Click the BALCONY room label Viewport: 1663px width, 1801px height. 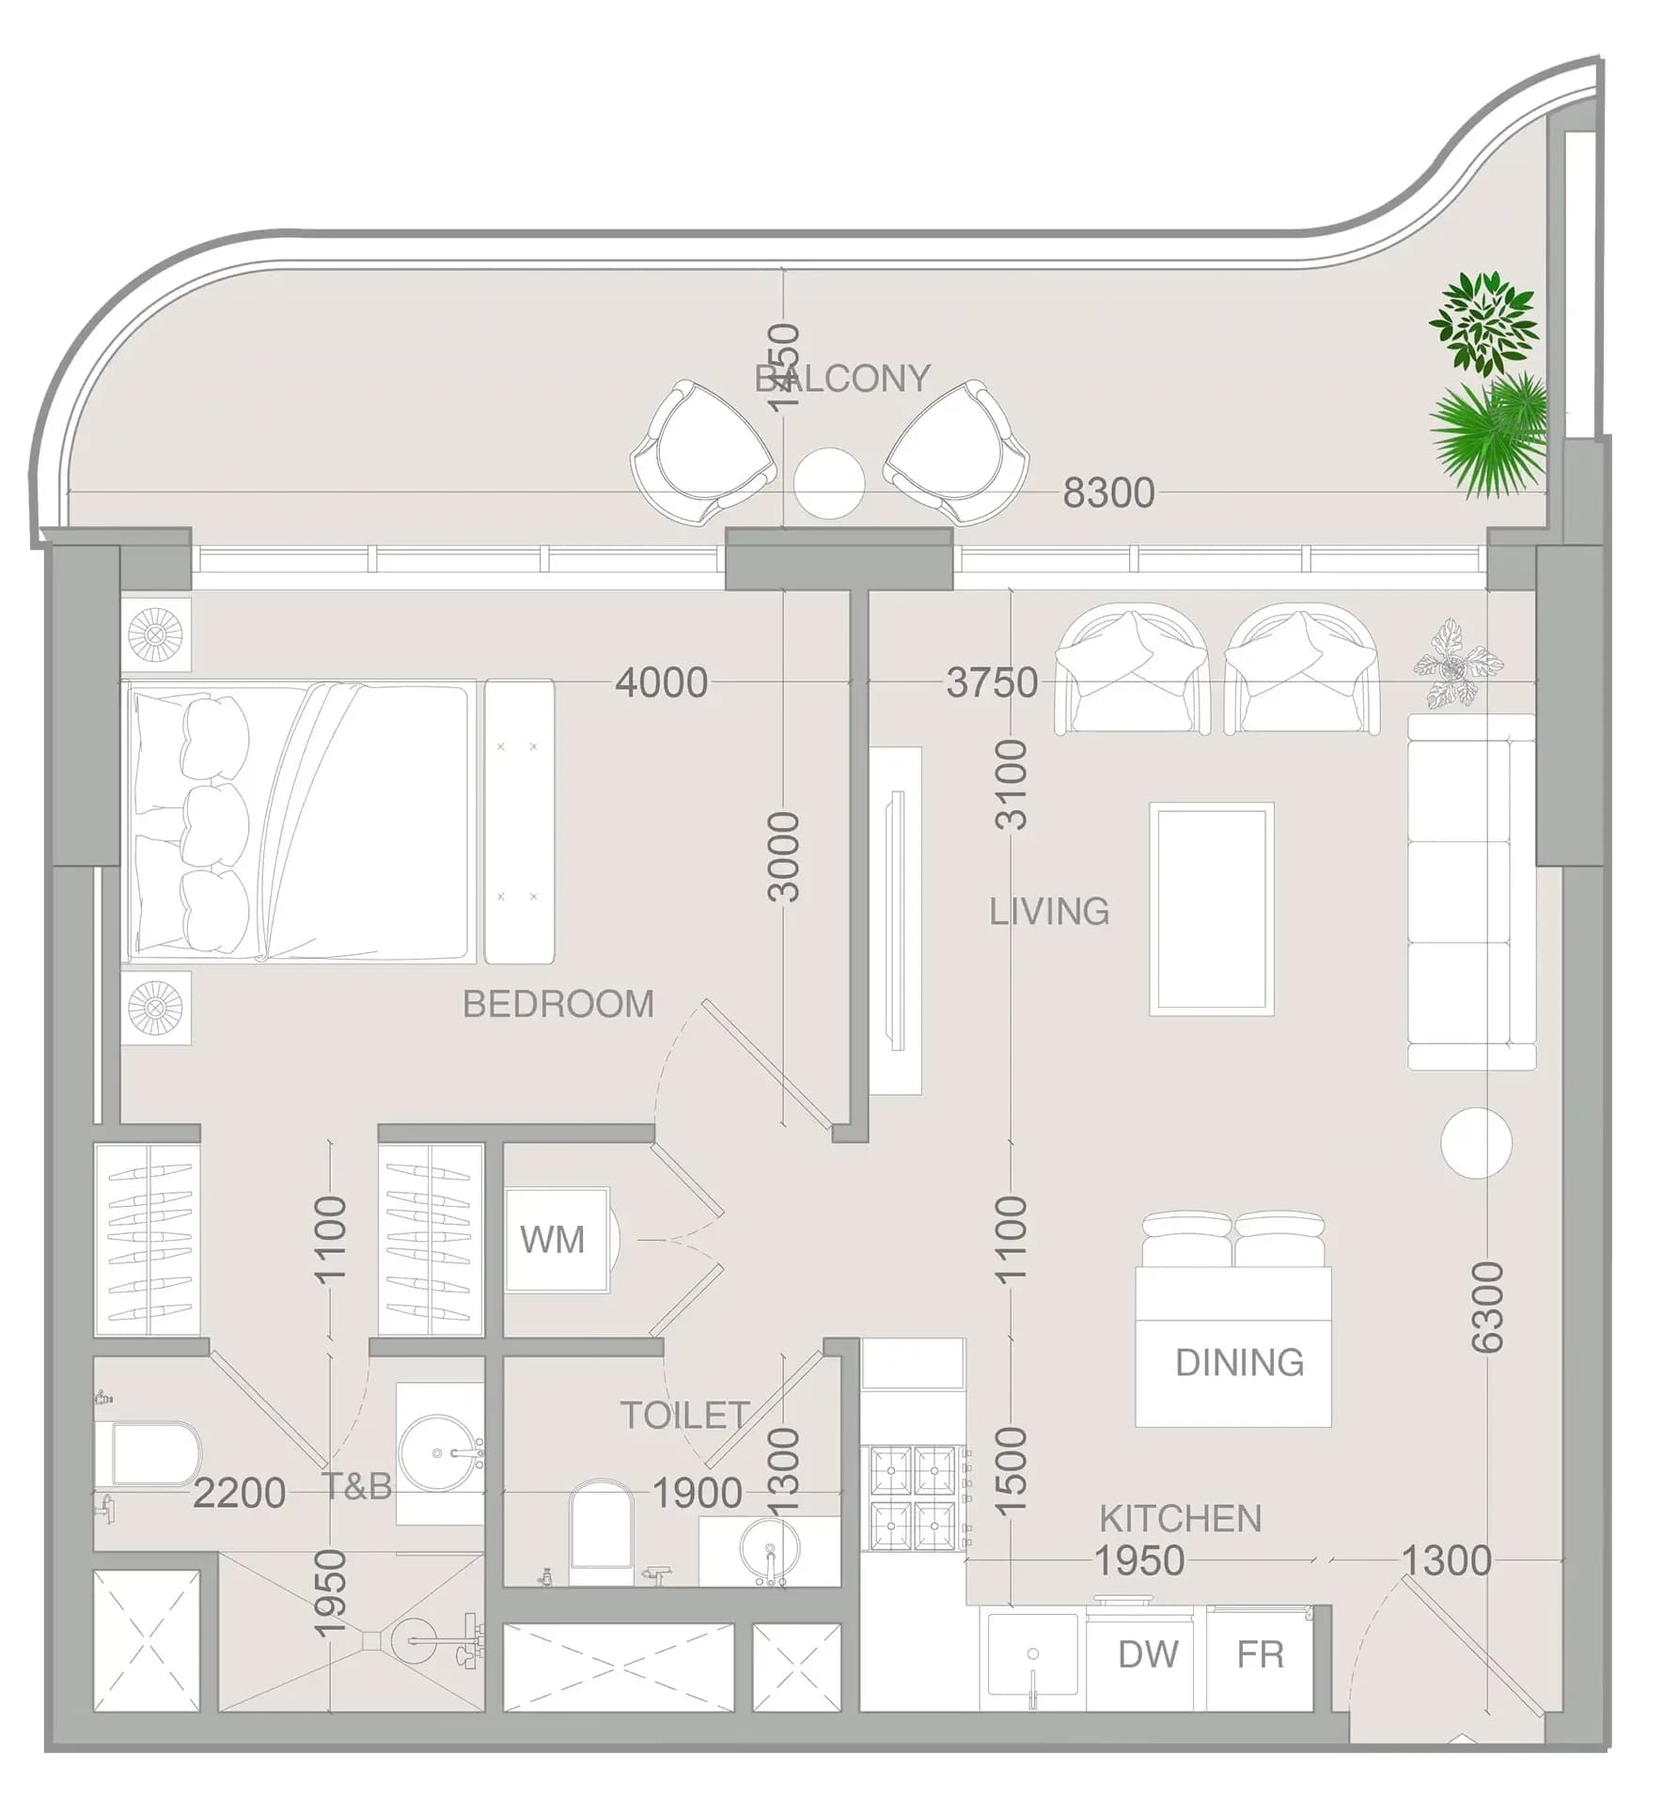tap(841, 379)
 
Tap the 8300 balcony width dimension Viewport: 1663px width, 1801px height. tap(1108, 493)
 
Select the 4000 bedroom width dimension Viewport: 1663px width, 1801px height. tap(661, 682)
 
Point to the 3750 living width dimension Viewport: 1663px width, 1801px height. tap(992, 682)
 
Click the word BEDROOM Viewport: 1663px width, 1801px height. tap(558, 1005)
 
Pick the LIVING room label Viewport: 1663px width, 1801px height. tap(1049, 911)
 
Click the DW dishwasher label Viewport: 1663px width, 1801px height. tap(1148, 1654)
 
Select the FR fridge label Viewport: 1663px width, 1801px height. tap(1260, 1654)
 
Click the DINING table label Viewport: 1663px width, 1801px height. tap(1239, 1363)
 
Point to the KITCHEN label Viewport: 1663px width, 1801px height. tap(1180, 1519)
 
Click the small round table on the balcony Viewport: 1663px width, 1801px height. tap(828, 482)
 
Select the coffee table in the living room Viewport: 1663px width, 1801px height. tap(1212, 909)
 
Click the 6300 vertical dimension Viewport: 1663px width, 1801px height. tap(1487, 1308)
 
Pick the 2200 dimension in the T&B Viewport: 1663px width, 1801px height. tap(239, 1493)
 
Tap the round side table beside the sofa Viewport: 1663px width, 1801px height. tap(1476, 1143)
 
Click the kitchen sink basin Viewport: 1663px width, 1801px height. tap(1032, 1655)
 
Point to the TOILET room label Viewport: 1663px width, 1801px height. tap(684, 1416)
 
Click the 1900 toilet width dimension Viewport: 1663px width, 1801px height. tap(697, 1493)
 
